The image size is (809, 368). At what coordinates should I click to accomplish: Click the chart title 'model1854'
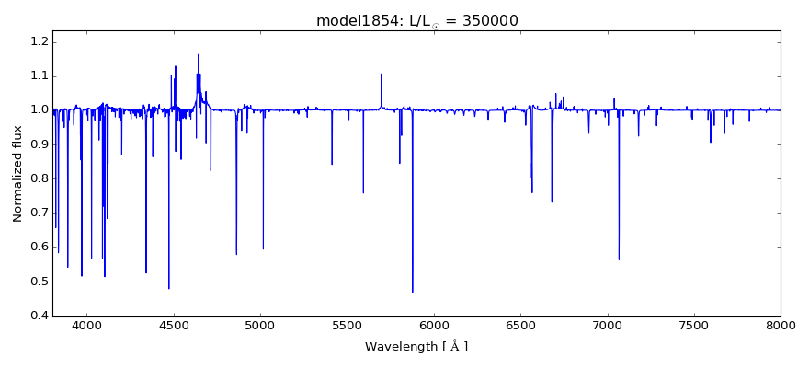coord(355,20)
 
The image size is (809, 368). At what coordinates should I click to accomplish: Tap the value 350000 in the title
coord(500,20)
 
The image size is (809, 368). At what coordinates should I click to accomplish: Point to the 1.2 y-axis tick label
coord(39,41)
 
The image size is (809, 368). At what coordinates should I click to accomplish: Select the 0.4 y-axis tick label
coord(39,316)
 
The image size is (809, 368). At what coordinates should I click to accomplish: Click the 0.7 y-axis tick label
coord(39,213)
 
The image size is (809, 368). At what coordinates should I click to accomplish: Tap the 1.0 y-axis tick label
coord(39,109)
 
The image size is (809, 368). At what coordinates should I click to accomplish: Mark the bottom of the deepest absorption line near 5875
coord(412,292)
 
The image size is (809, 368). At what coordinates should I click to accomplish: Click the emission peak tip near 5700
coord(382,75)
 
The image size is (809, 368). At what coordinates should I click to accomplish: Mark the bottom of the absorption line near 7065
coord(619,259)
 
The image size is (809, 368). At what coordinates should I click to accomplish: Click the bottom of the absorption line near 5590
coord(363,192)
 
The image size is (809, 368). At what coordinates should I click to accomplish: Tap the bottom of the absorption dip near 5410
coord(332,164)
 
